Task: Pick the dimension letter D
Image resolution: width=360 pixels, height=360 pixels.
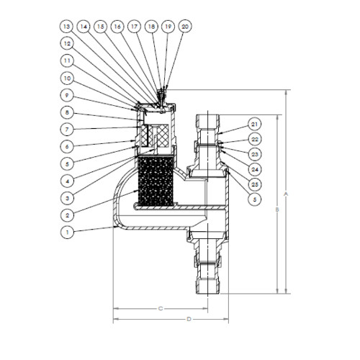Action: pos(188,318)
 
